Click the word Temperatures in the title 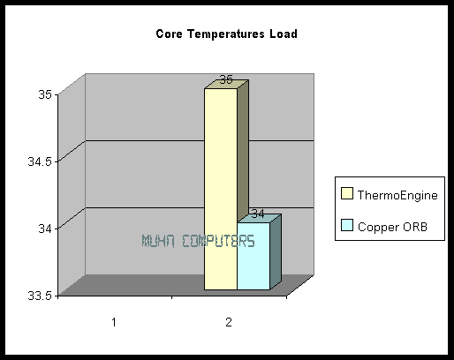point(226,34)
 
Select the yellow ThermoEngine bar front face point(221,189)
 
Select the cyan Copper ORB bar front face point(253,256)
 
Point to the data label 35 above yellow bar point(226,79)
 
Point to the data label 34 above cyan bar point(258,214)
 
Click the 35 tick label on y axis point(45,95)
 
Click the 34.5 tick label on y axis point(40,161)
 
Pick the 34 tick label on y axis point(45,229)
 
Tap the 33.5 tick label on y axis point(40,296)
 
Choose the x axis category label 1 point(114,323)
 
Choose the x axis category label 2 point(229,323)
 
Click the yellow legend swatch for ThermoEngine point(347,193)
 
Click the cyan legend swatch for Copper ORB point(347,225)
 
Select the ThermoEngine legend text point(397,196)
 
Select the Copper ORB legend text point(392,227)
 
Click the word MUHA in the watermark point(158,241)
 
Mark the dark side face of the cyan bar point(276,251)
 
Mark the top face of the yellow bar point(227,84)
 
